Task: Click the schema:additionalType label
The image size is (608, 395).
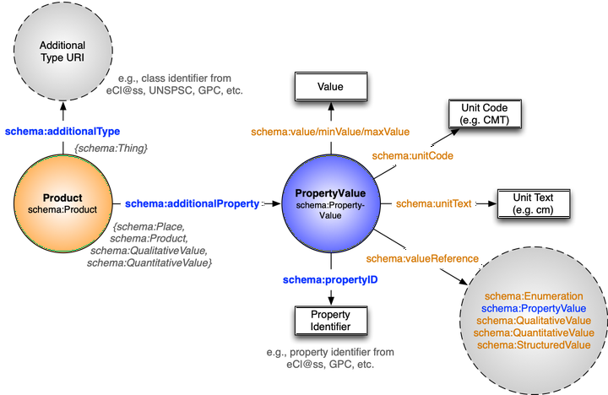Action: click(x=63, y=131)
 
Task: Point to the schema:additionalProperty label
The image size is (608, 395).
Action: click(x=192, y=204)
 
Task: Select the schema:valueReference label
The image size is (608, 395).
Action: click(x=423, y=258)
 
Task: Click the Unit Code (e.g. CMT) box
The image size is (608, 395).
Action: click(x=485, y=114)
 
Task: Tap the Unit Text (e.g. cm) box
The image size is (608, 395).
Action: click(x=532, y=203)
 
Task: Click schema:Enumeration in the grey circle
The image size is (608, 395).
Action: click(x=534, y=296)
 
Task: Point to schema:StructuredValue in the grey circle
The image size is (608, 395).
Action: click(x=534, y=344)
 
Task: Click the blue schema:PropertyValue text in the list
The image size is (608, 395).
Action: click(x=534, y=308)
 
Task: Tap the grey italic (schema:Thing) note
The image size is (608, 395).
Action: click(x=112, y=149)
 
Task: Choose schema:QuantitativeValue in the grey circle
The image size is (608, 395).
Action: click(x=534, y=333)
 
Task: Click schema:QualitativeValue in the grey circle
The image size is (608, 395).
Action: click(x=534, y=321)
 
